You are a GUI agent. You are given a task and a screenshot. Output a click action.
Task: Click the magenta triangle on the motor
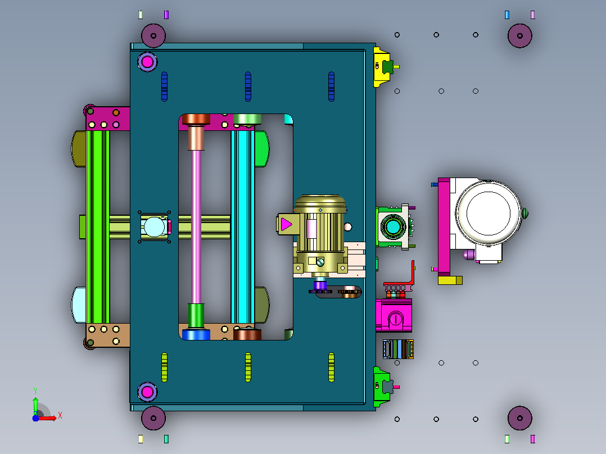point(286,224)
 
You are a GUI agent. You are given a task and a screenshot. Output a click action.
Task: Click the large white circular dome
point(489,213)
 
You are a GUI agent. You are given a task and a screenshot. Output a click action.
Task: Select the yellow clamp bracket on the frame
point(382,67)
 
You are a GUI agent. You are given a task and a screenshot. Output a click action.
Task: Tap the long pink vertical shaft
point(196,227)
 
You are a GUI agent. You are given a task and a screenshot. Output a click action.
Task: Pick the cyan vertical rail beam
point(243,227)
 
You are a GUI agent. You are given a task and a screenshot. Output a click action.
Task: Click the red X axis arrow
point(48,418)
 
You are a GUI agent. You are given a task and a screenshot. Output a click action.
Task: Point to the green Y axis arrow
point(35,406)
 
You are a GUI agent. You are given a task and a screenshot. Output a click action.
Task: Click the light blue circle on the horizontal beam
point(154,227)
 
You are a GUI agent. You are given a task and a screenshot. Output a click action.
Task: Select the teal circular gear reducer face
point(393,227)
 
